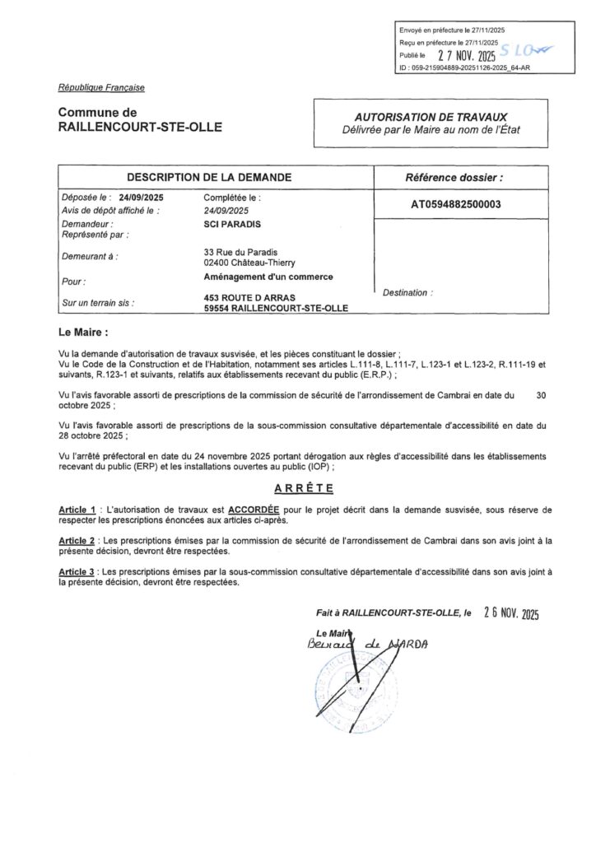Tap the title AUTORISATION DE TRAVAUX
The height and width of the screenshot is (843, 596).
tap(431, 118)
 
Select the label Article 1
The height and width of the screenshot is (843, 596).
tap(77, 510)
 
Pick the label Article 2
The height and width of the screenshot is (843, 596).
tap(77, 540)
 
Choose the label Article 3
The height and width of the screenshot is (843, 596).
tap(77, 570)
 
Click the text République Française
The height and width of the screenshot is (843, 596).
tap(101, 87)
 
